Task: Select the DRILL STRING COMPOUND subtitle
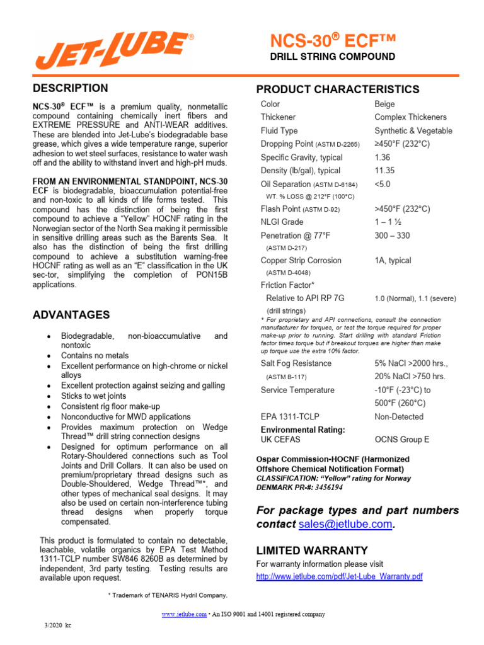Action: tap(332, 57)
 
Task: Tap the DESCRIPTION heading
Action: tap(70, 88)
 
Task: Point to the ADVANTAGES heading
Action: tap(71, 314)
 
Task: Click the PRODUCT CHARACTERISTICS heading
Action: tap(337, 89)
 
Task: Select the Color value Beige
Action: tap(385, 104)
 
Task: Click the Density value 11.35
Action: tap(384, 171)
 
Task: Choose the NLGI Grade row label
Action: tap(282, 222)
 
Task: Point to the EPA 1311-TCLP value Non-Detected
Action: tap(399, 417)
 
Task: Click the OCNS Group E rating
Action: tap(401, 440)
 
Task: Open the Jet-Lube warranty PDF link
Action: tap(339, 577)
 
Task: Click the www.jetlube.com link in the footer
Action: tap(184, 614)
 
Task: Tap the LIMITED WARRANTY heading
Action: tap(311, 551)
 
